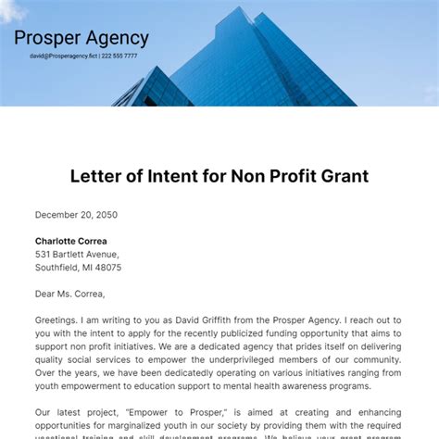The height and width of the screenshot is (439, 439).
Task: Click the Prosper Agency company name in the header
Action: coord(82,39)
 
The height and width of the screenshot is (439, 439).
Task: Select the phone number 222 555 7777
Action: coord(119,56)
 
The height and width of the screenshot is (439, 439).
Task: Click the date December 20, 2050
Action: coord(76,215)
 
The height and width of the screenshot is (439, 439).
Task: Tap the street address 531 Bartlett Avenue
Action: coord(77,254)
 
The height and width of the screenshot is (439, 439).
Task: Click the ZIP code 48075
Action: coord(107,268)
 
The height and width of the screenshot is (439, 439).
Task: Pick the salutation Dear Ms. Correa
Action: coord(70,294)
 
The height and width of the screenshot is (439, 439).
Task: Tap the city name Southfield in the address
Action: coord(57,268)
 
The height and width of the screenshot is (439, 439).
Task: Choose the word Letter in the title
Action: coord(94,175)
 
